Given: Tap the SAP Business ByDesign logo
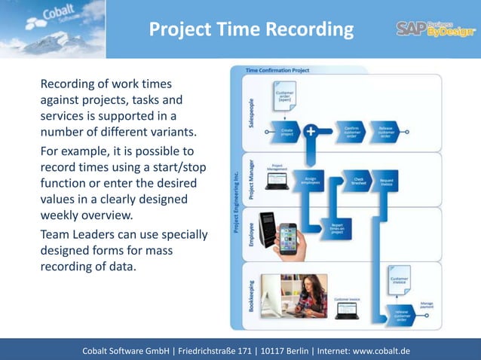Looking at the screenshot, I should (436, 29).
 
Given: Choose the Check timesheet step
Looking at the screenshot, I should (358, 182).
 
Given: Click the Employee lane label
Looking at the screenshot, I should (250, 225).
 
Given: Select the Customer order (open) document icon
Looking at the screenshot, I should (285, 102).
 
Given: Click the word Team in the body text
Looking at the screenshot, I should (56, 235).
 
